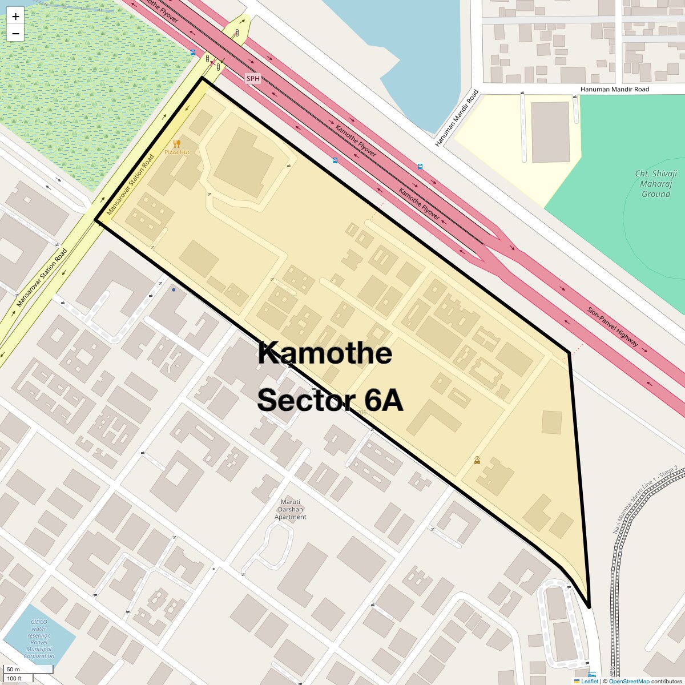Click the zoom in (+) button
[15, 17]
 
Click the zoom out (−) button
[15, 34]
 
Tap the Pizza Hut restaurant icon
[177, 144]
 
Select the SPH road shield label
[253, 78]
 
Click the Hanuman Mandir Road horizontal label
[615, 90]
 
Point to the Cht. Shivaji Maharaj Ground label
[656, 184]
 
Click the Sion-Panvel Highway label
[613, 327]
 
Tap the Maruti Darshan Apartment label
[291, 509]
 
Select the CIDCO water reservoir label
[39, 639]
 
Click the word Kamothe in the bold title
[325, 353]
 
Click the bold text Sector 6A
[330, 400]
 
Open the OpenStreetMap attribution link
[628, 681]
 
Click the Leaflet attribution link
[590, 681]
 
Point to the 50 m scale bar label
[13, 670]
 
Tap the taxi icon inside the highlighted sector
[477, 460]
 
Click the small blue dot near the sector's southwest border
[174, 290]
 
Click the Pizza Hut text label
[177, 152]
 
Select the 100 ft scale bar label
[14, 679]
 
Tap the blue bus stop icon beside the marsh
[193, 53]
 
